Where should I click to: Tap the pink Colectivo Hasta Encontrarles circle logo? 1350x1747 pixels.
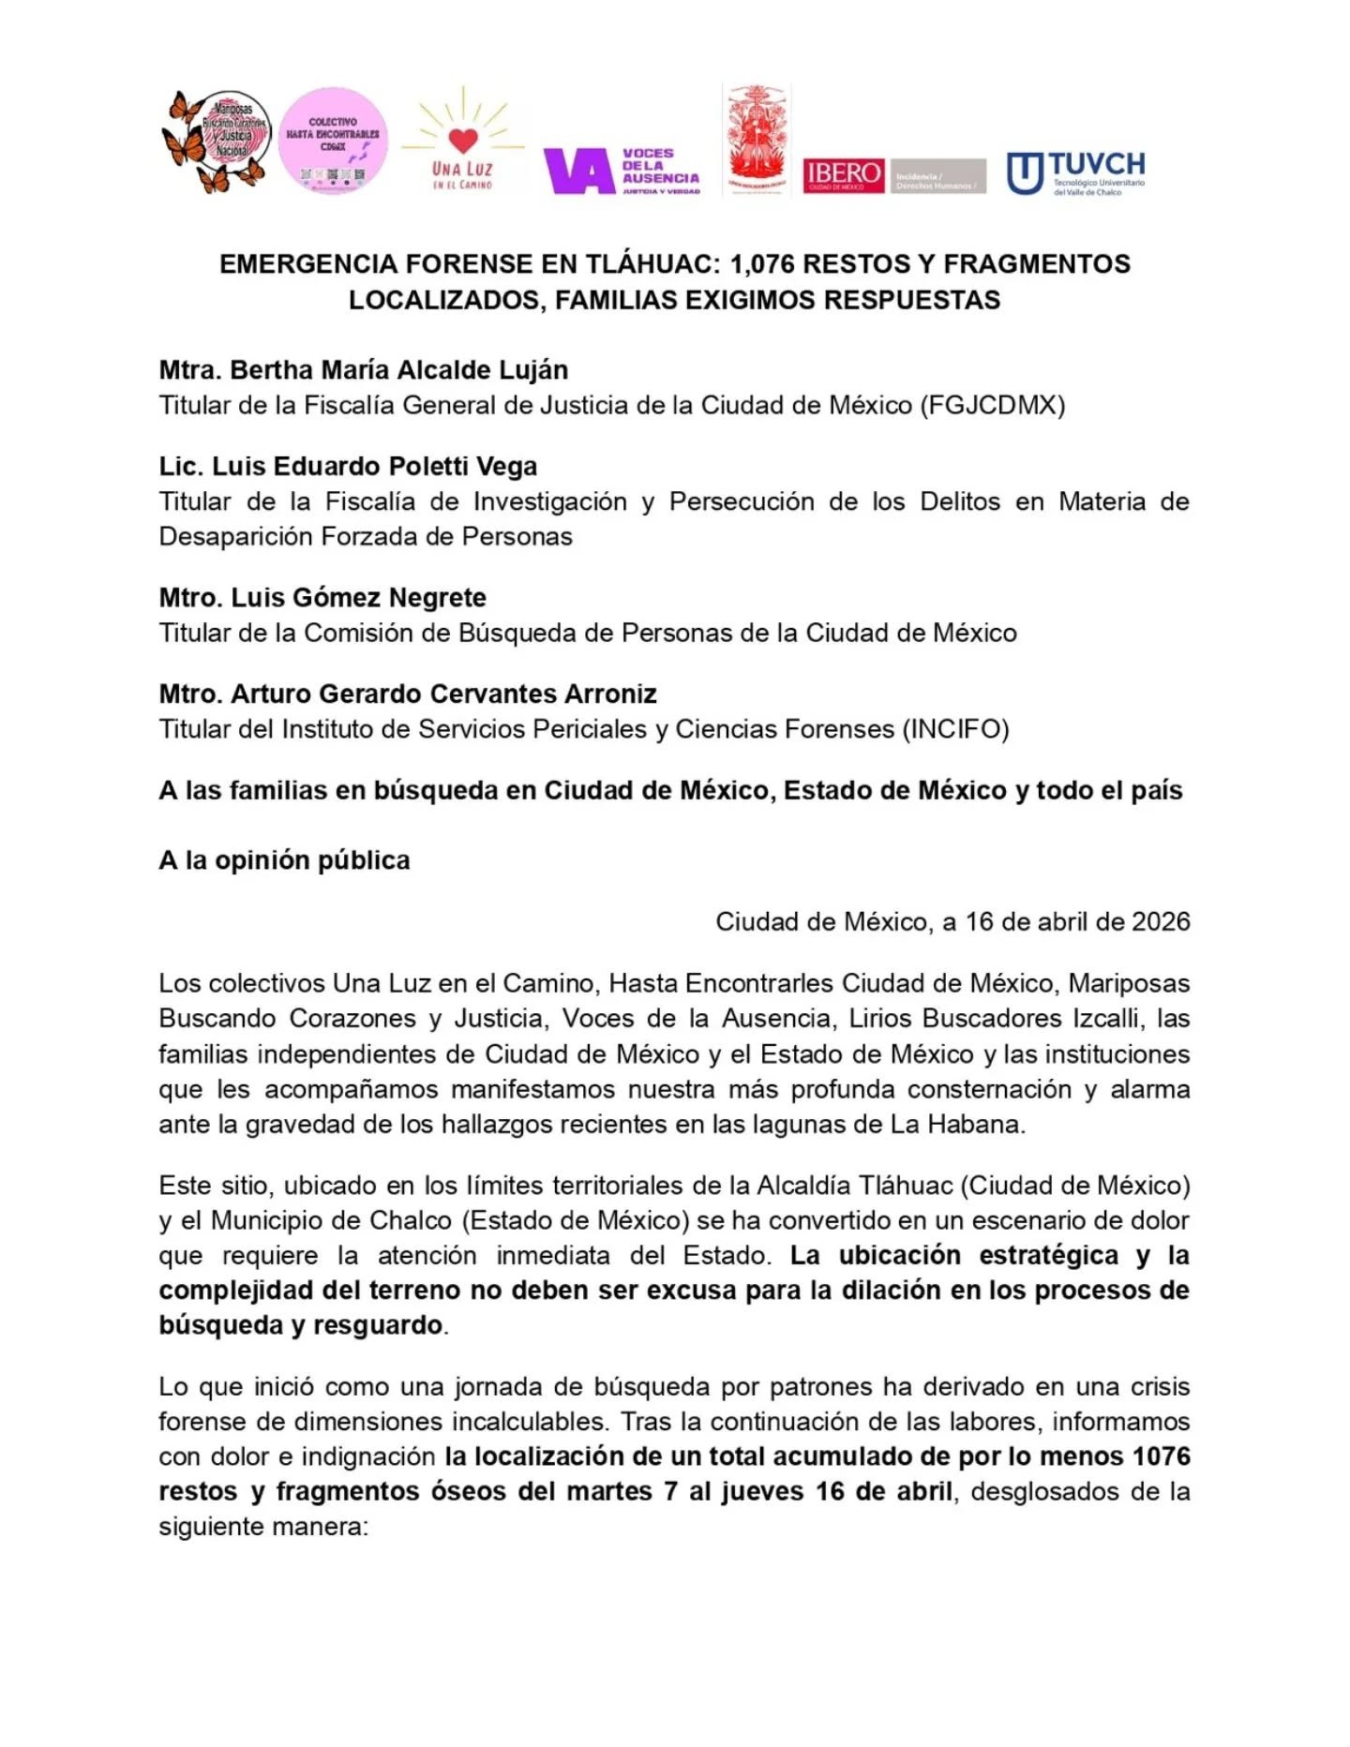pyautogui.click(x=333, y=142)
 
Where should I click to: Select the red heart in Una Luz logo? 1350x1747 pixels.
pyautogui.click(x=463, y=140)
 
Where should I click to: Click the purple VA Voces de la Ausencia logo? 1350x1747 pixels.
pyautogui.click(x=621, y=171)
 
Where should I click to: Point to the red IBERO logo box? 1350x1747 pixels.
pyautogui.click(x=843, y=175)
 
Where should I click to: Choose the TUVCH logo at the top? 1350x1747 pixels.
pyautogui.click(x=1075, y=172)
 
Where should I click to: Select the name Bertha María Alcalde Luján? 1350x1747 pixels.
pyautogui.click(x=398, y=370)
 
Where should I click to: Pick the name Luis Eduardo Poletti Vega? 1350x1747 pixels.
pyautogui.click(x=374, y=467)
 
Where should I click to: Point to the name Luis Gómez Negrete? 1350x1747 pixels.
pyautogui.click(x=358, y=598)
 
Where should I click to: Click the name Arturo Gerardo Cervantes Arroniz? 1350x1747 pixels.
pyautogui.click(x=442, y=694)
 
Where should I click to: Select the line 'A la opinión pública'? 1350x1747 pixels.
pyautogui.click(x=284, y=860)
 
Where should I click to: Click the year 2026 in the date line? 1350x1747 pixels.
pyautogui.click(x=1161, y=921)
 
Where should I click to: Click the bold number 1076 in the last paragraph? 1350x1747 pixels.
pyautogui.click(x=1161, y=1456)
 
